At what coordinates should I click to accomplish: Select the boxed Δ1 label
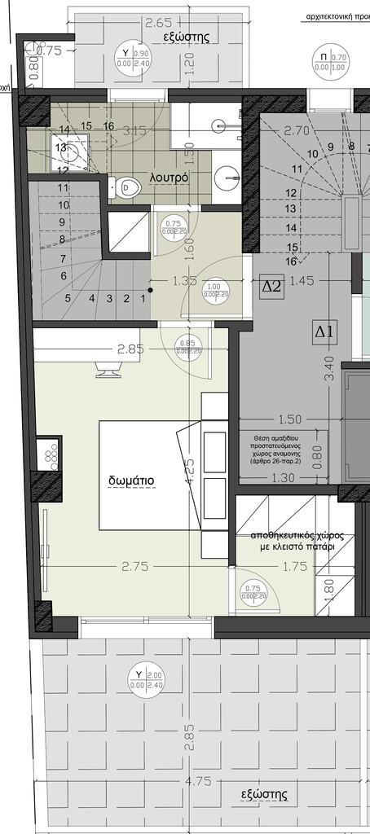tap(324, 331)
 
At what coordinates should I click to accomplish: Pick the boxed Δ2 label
tap(271, 286)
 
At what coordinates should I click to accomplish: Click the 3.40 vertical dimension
tap(328, 368)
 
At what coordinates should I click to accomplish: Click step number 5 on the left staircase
tap(67, 298)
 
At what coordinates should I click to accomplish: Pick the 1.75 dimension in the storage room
tap(295, 567)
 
